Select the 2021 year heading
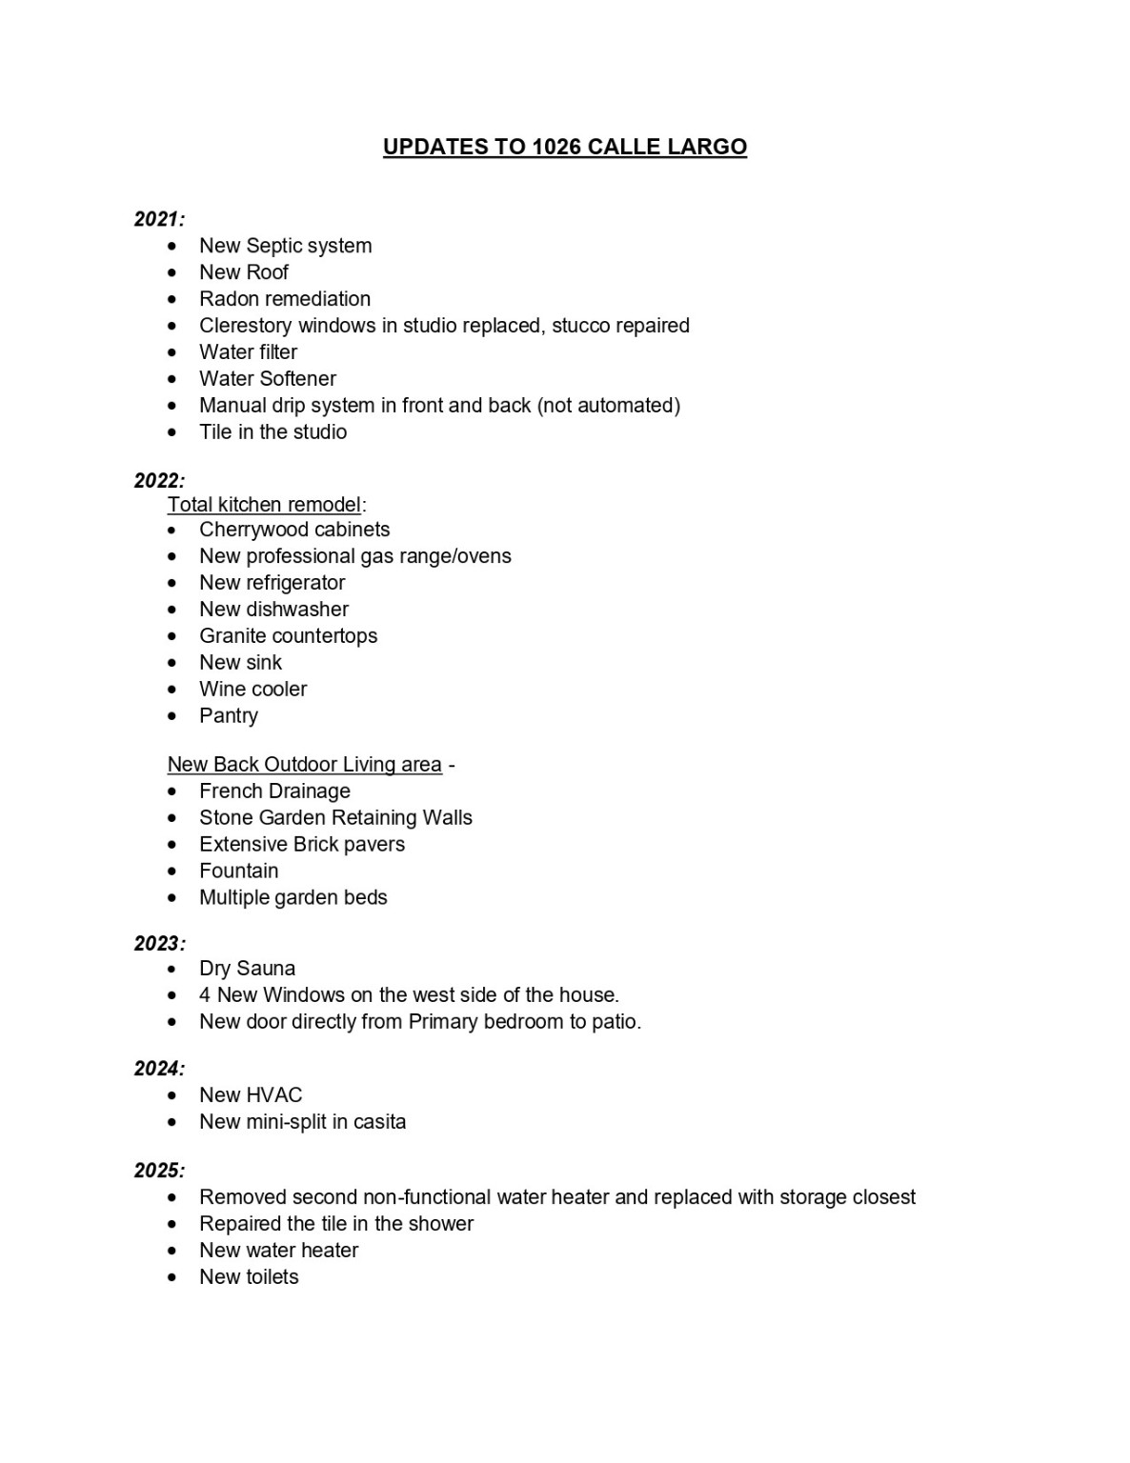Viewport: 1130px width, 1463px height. [159, 219]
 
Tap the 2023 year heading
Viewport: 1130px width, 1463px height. [159, 943]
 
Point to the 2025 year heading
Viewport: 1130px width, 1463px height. [159, 1170]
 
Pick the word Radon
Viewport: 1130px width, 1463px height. [227, 299]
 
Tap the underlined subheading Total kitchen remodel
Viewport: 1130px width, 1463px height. [264, 505]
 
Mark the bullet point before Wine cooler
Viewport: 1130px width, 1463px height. [172, 690]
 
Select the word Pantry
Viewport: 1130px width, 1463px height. [229, 716]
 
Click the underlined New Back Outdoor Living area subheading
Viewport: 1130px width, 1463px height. [304, 765]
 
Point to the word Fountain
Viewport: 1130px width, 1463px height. [239, 872]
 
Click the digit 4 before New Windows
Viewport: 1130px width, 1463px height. [205, 995]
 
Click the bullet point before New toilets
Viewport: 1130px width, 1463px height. [172, 1277]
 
